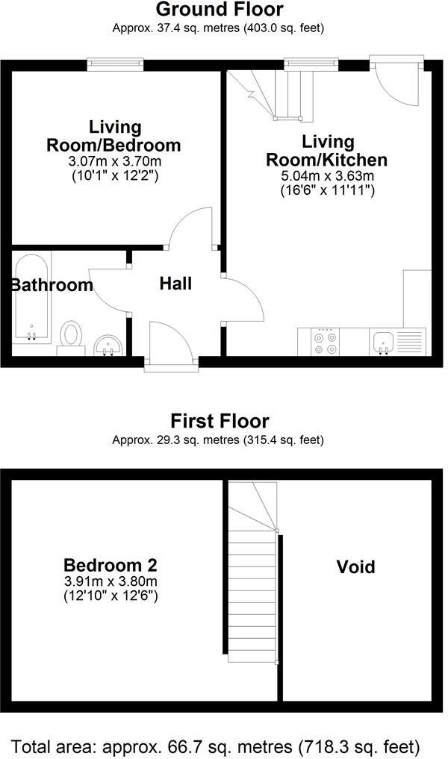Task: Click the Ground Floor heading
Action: [x=219, y=10]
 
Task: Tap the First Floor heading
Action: [x=219, y=421]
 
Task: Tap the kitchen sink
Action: [x=385, y=342]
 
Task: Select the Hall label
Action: [x=175, y=284]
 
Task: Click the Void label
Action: [x=355, y=567]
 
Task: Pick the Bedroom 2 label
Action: [x=110, y=565]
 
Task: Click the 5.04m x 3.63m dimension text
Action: [x=326, y=176]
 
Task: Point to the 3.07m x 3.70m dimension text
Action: [x=114, y=161]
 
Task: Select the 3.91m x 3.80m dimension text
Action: [x=110, y=582]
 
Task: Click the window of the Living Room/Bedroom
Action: [x=115, y=66]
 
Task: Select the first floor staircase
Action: [x=252, y=575]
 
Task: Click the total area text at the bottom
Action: [x=216, y=746]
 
